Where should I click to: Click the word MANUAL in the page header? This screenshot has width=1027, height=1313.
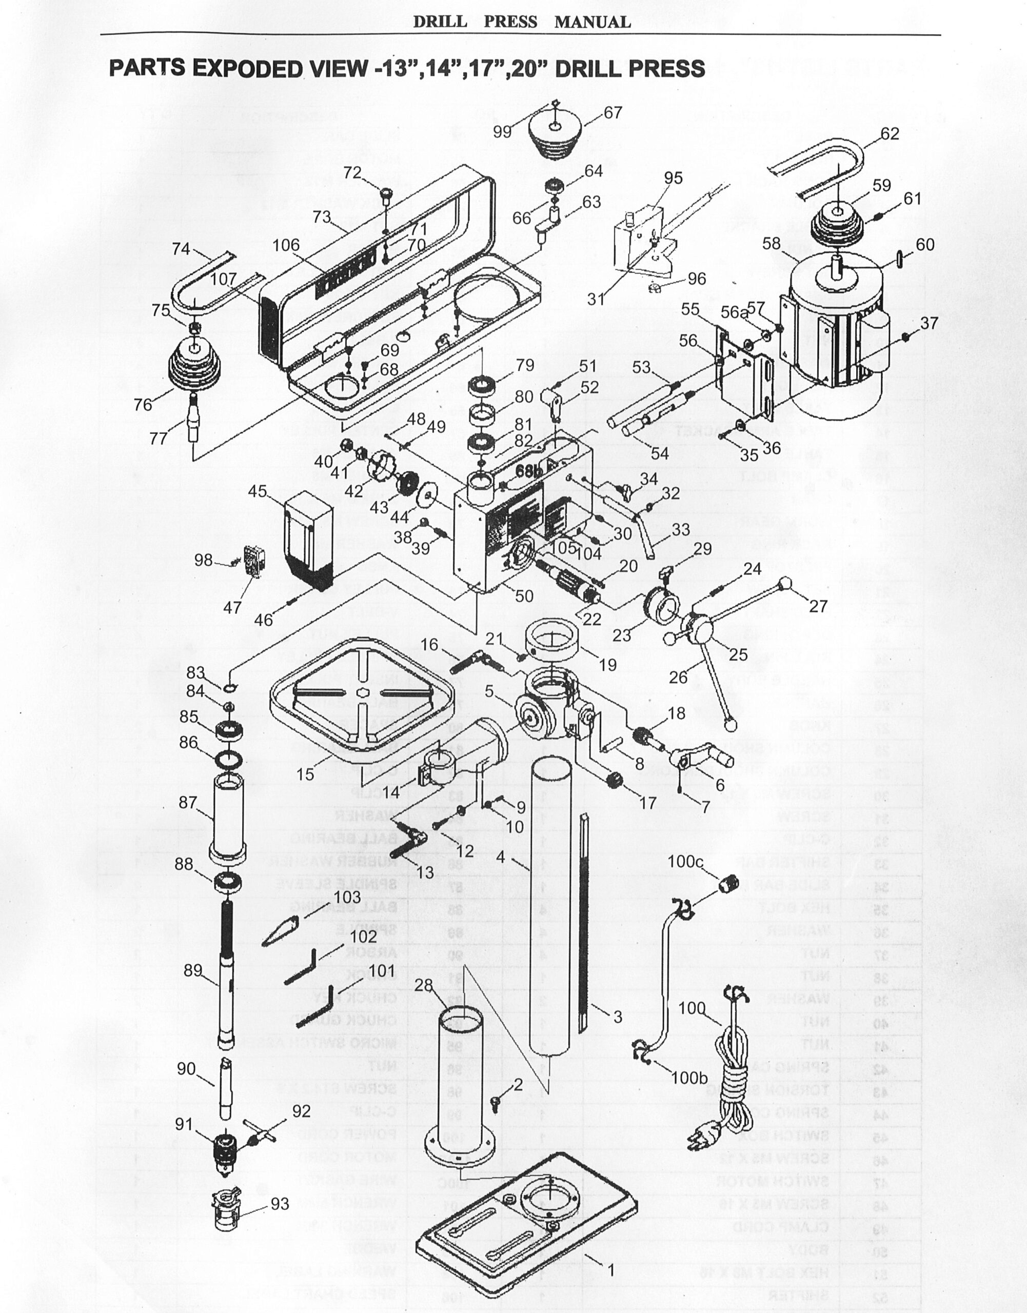coord(592,22)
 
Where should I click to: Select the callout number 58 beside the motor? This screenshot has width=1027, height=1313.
coord(772,244)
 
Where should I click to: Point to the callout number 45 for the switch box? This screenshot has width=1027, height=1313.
coord(258,491)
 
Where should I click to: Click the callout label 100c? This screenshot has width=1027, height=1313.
coord(685,862)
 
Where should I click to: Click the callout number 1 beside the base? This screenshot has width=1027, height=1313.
coord(610,1270)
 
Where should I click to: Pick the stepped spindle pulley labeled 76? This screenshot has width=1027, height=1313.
coord(195,366)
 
